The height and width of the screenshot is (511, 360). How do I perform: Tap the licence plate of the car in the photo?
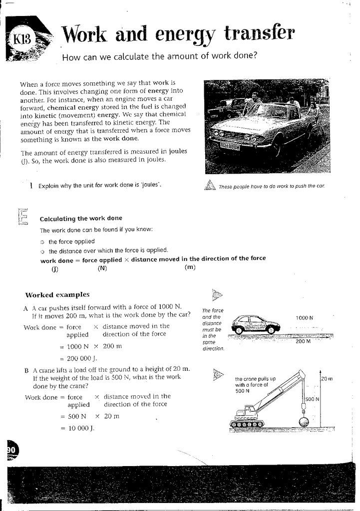230,146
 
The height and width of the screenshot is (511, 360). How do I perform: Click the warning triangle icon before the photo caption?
210,185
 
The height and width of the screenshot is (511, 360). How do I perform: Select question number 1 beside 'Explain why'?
31,185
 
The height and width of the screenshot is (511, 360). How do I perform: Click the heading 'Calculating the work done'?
80,218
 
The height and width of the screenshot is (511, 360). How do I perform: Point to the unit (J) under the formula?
54,268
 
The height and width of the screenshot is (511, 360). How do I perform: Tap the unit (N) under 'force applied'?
102,268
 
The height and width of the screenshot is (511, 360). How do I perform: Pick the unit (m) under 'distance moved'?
190,267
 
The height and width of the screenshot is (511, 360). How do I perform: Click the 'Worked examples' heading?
57,294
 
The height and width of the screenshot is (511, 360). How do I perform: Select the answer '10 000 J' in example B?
79,428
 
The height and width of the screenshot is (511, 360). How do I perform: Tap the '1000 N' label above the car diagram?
305,317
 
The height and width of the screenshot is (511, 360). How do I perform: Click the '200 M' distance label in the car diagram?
303,341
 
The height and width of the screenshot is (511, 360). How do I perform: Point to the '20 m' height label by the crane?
327,379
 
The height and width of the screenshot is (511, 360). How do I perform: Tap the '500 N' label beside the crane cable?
312,399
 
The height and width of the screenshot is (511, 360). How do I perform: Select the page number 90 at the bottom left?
11,450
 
